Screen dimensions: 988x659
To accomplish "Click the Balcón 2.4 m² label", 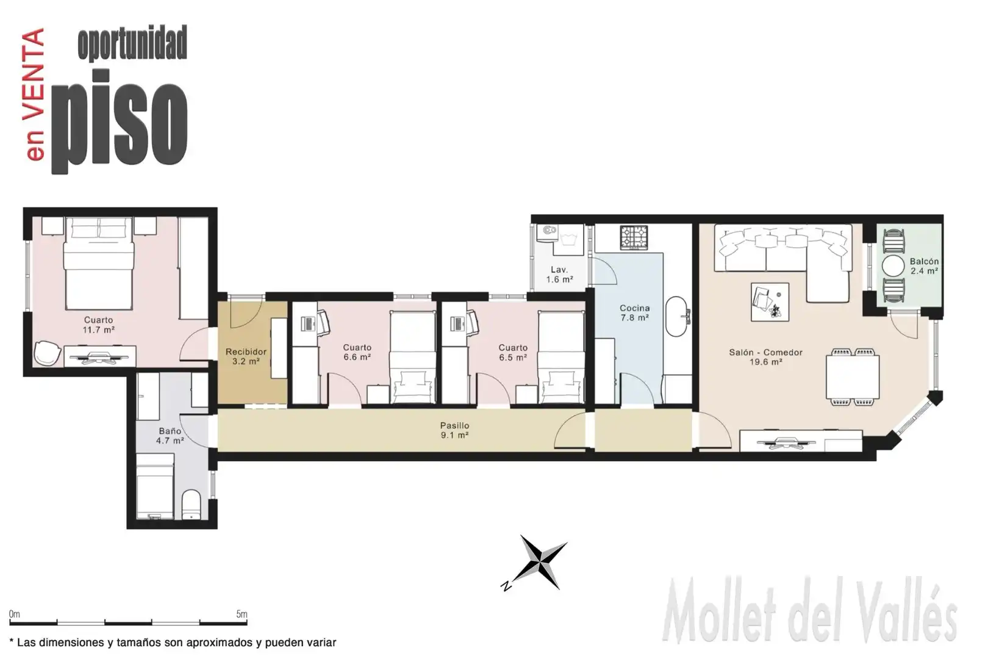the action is point(924,266).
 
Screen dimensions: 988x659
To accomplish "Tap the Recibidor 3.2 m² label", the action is point(246,356).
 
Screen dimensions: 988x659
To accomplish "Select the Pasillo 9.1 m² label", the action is point(454,430).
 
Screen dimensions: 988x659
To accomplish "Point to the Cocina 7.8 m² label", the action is point(634,312).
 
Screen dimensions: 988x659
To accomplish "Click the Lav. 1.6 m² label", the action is point(559,274).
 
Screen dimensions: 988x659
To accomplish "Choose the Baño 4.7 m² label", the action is point(170,436).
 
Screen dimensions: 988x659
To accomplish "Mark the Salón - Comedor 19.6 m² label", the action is point(765,357).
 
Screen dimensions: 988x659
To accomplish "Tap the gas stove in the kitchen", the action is point(634,237).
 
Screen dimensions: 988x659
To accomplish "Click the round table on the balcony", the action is point(893,266).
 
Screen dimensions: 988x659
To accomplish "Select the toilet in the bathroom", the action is point(192,504).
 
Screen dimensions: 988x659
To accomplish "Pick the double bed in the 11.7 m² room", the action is point(98,263).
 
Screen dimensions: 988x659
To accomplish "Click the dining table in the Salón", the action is point(853,376).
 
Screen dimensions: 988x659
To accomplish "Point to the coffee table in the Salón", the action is point(770,302).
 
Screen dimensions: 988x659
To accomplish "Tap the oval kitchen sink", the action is point(676,317).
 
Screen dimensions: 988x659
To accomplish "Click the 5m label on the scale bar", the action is point(242,614).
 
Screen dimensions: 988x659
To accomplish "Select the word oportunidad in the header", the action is point(132,43).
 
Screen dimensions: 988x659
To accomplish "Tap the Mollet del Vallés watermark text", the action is point(809,611).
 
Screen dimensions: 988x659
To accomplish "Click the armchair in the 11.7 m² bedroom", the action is point(48,353).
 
